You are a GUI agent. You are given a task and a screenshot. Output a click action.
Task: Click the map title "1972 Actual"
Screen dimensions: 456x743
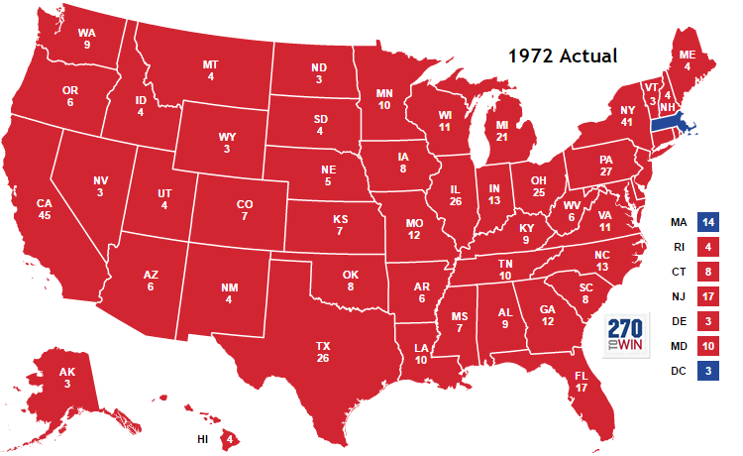563,56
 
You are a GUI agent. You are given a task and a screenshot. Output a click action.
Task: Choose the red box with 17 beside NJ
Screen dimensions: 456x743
706,295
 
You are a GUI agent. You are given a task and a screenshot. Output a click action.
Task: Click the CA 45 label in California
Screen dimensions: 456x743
44,210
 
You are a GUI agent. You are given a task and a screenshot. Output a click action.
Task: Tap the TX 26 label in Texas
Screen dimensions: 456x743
323,352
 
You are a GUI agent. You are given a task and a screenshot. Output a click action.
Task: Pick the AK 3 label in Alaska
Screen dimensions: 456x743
66,378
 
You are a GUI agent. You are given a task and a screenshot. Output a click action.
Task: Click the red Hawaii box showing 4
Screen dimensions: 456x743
230,437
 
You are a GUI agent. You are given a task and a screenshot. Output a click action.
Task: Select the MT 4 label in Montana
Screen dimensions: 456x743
210,70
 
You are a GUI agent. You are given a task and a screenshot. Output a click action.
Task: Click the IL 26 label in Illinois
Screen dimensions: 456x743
454,194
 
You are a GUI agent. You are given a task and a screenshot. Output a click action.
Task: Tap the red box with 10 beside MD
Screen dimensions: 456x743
706,345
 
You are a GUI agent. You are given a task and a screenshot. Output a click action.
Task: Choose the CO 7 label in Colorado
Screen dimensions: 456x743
244,209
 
